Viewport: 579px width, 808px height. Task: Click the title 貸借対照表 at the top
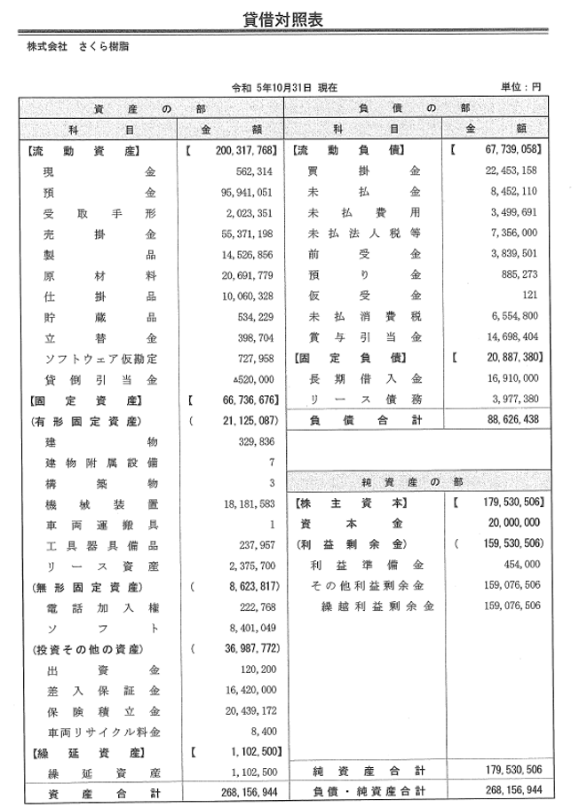tap(289, 19)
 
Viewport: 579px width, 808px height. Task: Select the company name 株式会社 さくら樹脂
tap(78, 47)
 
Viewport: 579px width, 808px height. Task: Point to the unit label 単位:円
tap(521, 88)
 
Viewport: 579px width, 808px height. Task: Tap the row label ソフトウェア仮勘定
tap(99, 360)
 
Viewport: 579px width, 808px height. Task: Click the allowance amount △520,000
tap(258, 380)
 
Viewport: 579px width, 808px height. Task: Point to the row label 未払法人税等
tap(363, 234)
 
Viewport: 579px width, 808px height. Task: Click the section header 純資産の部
tap(413, 482)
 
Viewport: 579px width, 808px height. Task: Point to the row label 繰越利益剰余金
tap(377, 606)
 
